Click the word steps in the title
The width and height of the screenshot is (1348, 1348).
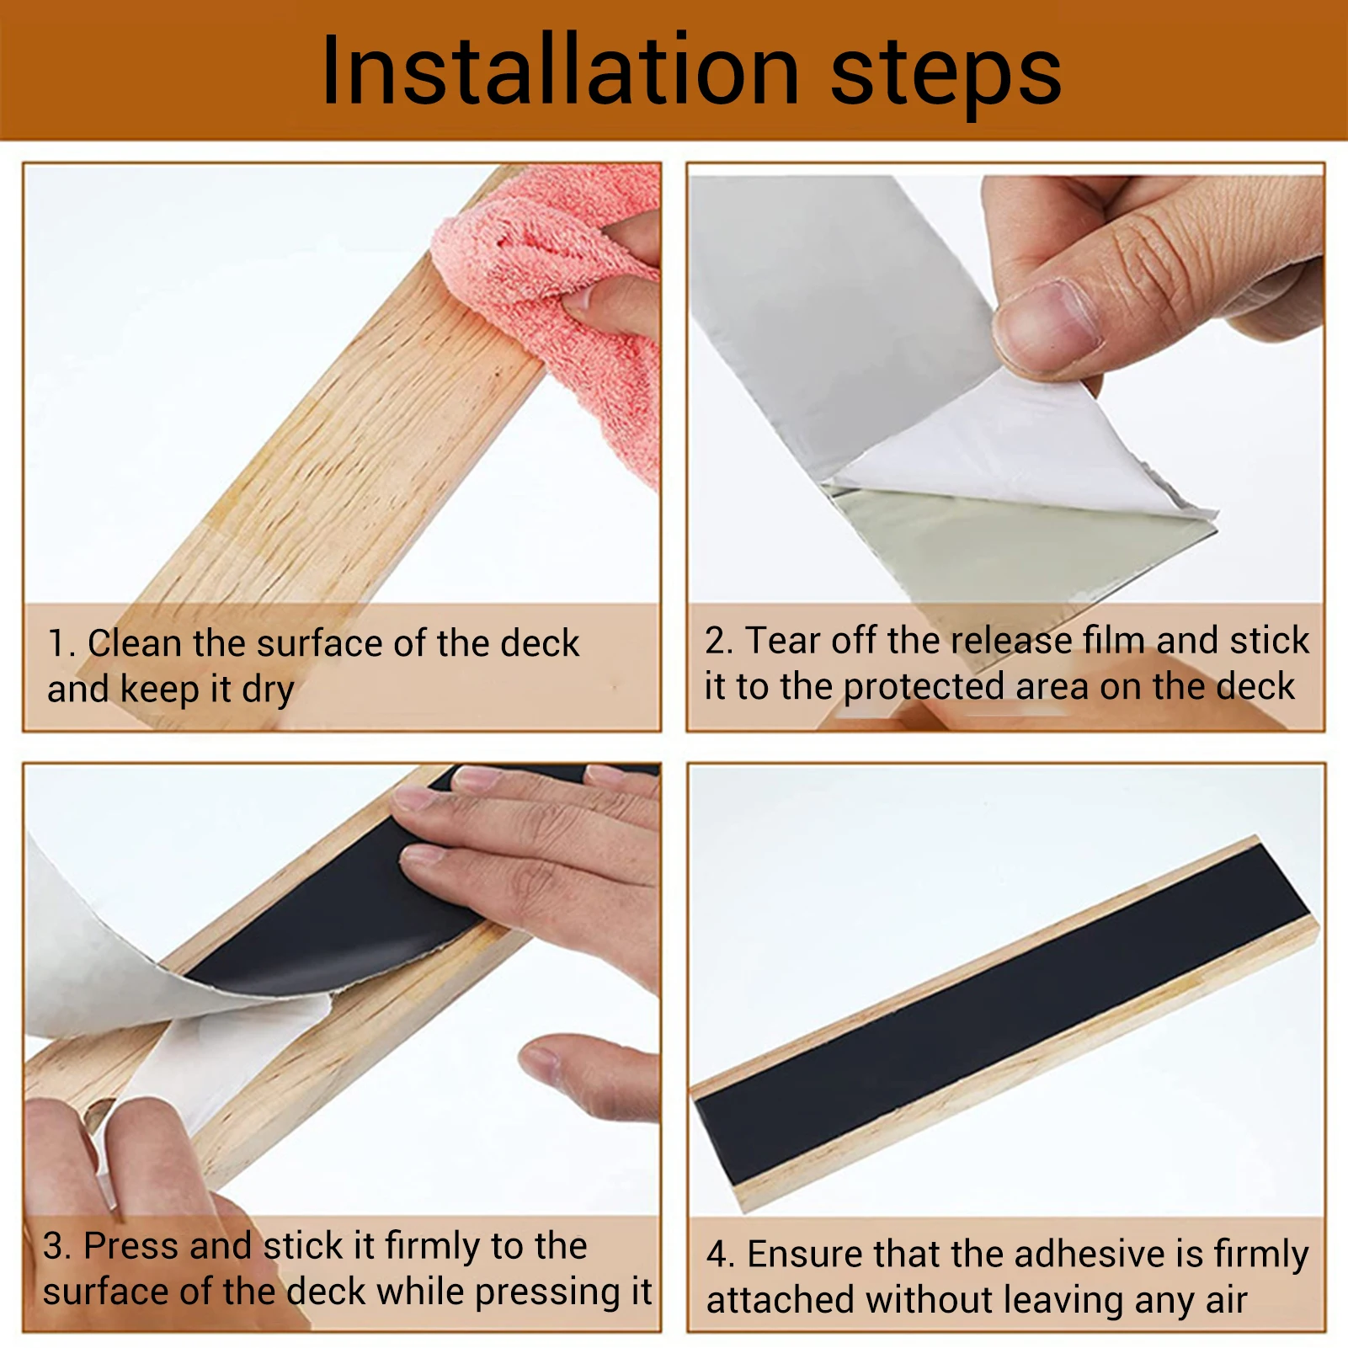(x=946, y=76)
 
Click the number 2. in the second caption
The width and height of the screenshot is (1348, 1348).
(x=719, y=641)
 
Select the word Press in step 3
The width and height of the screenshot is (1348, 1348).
(x=132, y=1246)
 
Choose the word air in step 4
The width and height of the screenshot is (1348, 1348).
(x=1226, y=1301)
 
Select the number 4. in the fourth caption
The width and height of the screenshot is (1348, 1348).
(x=721, y=1255)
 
